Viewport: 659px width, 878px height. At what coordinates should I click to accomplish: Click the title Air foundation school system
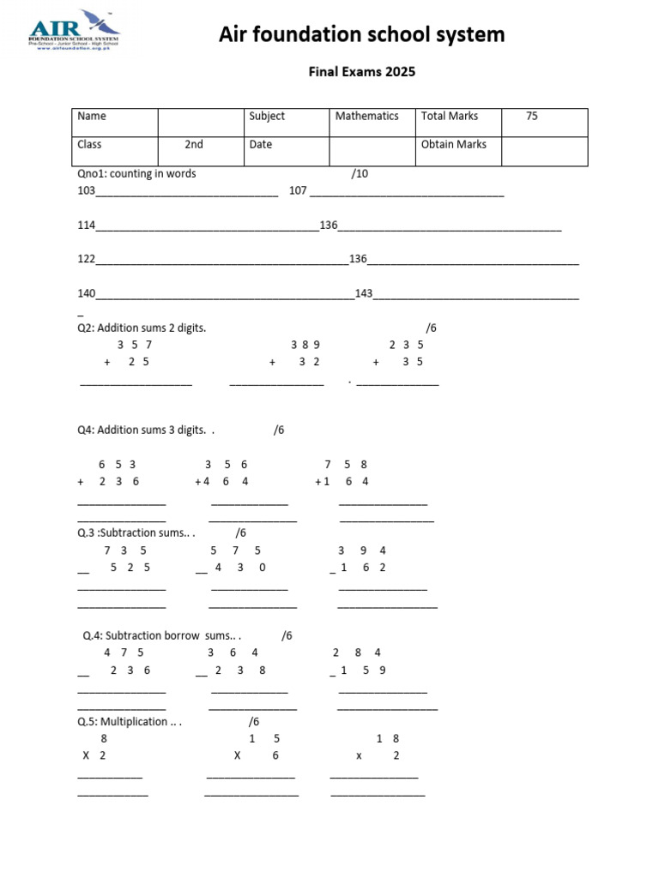tap(361, 34)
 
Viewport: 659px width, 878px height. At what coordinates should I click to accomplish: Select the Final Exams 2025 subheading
tap(361, 72)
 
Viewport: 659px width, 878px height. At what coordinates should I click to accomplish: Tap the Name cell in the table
tap(92, 116)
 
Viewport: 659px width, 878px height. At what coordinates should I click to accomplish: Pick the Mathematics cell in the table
tap(366, 116)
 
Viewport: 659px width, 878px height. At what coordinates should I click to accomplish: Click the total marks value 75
tap(532, 116)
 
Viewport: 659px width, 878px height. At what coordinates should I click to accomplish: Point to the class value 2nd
tap(194, 145)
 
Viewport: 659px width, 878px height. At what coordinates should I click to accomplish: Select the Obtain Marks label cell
tap(453, 145)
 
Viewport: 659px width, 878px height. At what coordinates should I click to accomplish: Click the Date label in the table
tap(261, 145)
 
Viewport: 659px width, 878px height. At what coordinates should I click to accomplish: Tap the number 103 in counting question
tap(87, 191)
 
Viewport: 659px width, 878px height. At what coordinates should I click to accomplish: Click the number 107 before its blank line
tap(298, 191)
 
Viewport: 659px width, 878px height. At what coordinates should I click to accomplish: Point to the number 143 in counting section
tap(363, 293)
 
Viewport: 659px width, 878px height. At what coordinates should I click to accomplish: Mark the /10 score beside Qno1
tap(360, 174)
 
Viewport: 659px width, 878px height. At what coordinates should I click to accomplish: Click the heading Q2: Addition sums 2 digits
tap(142, 328)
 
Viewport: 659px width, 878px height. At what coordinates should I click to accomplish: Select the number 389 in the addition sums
tap(305, 345)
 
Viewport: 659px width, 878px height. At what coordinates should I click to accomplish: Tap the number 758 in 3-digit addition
tap(346, 464)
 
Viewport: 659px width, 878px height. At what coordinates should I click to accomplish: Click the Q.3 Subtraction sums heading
tap(136, 532)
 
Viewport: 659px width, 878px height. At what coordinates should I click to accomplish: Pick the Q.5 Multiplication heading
tap(130, 721)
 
